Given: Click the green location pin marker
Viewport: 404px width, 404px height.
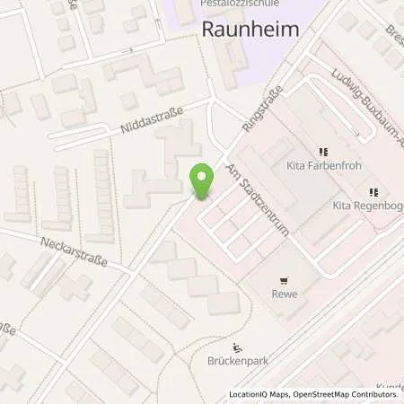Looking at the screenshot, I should (x=203, y=182).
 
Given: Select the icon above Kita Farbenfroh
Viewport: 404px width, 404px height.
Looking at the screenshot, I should (x=322, y=154).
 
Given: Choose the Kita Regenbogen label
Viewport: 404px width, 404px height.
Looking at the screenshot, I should (x=368, y=205).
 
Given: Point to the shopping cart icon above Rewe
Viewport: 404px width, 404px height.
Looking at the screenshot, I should (x=285, y=279).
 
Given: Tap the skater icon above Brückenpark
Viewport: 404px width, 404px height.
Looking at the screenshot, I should (x=237, y=348).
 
